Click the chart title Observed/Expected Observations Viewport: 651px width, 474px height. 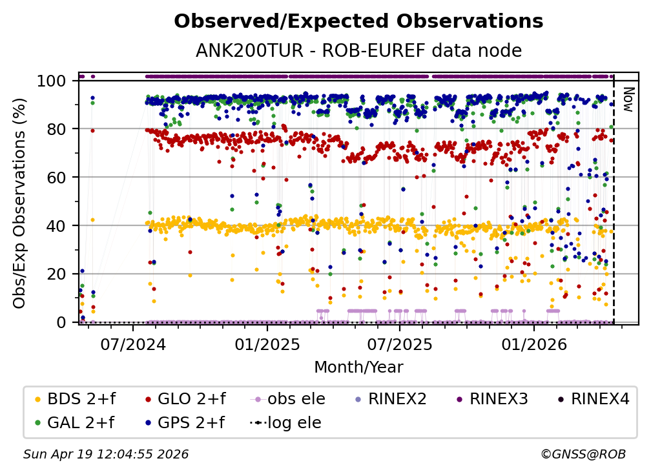(358, 21)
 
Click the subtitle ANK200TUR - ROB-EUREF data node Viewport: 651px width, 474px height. (358, 50)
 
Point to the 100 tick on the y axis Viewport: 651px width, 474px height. (51, 81)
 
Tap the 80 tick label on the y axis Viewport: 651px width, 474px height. (56, 129)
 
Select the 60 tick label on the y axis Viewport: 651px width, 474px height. (56, 177)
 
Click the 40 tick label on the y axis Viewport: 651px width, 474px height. (56, 225)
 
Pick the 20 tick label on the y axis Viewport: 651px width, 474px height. (56, 274)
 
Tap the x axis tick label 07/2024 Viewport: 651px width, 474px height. (133, 343)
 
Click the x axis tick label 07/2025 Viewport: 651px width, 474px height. (399, 343)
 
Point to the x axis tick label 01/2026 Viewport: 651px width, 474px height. (533, 343)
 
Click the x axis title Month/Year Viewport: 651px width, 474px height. (358, 367)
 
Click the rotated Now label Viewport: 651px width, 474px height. (626, 99)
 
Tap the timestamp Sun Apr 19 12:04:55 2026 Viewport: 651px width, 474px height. (106, 455)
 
